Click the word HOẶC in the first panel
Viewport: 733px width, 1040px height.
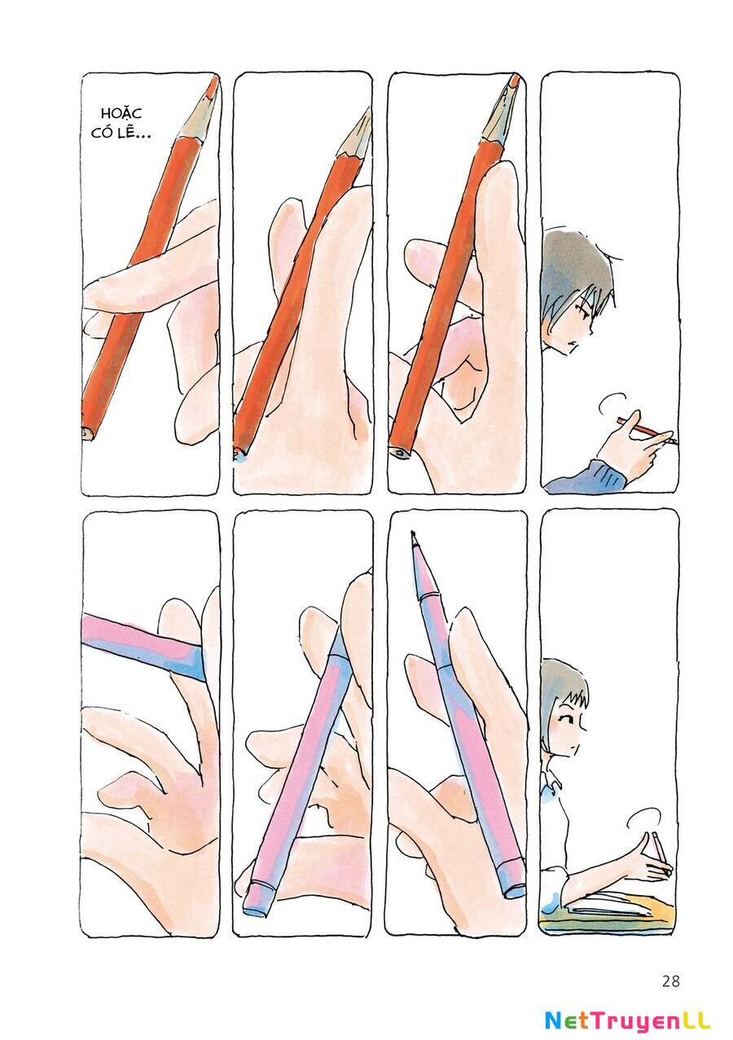coord(121,113)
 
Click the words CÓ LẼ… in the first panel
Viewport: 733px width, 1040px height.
coord(121,133)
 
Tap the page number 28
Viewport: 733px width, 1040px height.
coord(671,968)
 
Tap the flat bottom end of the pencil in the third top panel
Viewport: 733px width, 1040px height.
coord(400,451)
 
